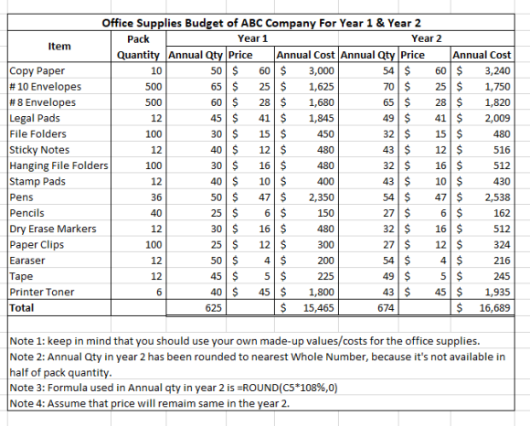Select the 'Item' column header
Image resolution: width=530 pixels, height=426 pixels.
[x=59, y=46]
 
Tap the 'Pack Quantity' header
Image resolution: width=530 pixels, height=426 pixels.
[x=138, y=47]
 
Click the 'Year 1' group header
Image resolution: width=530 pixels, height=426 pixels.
[x=252, y=38]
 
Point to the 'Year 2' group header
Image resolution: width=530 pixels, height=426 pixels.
[x=426, y=38]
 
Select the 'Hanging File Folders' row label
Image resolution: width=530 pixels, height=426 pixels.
[x=58, y=165]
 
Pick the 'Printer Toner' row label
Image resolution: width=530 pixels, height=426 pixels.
[x=41, y=293]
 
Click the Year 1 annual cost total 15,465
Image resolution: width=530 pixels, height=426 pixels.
[x=318, y=308]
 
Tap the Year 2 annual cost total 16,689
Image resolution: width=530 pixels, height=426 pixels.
[x=494, y=308]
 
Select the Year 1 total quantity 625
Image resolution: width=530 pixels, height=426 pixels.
[x=214, y=308]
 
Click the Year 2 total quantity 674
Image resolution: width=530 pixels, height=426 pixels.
[x=386, y=308]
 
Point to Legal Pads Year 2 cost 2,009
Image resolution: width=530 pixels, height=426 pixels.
[x=497, y=118]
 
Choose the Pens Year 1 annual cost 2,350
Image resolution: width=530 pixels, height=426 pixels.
[x=321, y=197]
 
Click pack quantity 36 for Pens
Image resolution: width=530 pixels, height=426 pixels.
[x=156, y=197]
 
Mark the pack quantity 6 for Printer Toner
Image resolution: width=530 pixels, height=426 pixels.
[x=159, y=293]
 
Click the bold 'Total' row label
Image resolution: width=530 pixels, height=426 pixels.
[x=22, y=308]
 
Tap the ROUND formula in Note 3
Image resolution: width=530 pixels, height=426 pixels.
[x=288, y=388]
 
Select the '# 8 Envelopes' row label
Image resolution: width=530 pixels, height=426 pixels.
[x=43, y=102]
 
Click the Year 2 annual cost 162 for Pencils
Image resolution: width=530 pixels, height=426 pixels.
[x=502, y=213]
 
